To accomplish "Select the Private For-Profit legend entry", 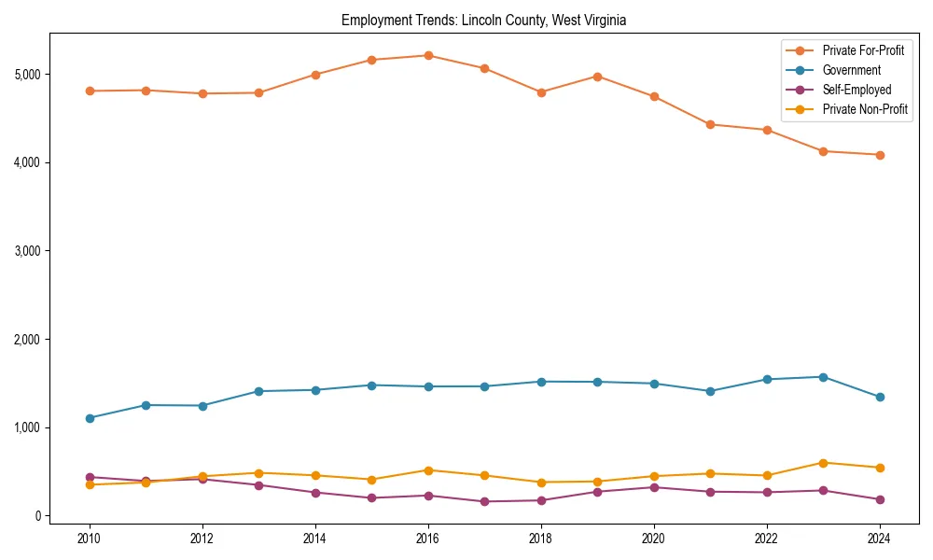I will [x=863, y=50].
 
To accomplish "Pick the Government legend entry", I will [x=851, y=70].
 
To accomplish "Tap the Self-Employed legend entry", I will [x=856, y=90].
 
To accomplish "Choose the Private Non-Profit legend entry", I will [x=865, y=109].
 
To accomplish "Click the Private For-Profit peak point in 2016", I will [x=427, y=55].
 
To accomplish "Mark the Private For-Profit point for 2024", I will [x=879, y=155].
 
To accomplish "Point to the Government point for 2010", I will [x=90, y=418].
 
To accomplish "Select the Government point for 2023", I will [x=823, y=377].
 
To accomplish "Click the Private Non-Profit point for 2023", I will [x=823, y=463].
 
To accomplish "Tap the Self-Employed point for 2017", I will [x=484, y=501].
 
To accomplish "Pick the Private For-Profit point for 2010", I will [x=90, y=91].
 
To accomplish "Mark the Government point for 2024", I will [x=879, y=397].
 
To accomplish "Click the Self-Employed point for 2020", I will [x=653, y=487].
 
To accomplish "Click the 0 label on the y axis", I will [x=38, y=516].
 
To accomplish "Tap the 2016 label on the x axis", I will [x=427, y=539].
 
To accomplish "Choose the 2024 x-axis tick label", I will [x=879, y=539].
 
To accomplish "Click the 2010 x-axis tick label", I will [x=90, y=539].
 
